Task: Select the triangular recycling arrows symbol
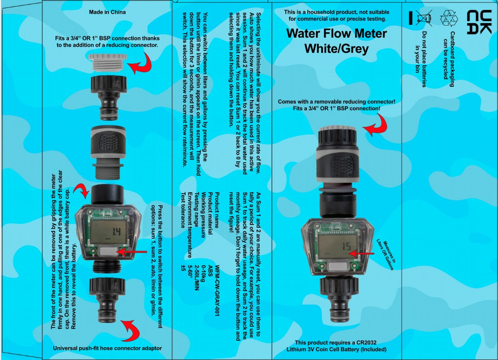[449, 18]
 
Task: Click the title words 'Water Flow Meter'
[336, 34]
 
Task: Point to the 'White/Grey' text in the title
[336, 48]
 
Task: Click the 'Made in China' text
[107, 12]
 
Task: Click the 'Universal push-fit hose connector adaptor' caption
[107, 348]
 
